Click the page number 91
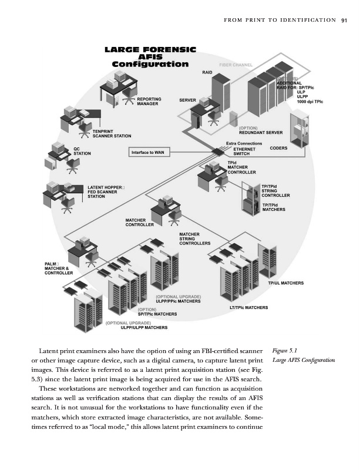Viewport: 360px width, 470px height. pos(344,21)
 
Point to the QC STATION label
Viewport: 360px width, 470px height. pos(82,151)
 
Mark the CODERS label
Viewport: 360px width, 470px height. pos(278,149)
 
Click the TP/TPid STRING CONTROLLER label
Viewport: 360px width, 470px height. pos(276,190)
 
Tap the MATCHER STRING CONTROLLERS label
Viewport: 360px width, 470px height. pos(194,239)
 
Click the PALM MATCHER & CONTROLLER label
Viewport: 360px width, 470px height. pos(59,268)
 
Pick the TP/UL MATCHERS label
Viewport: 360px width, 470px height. pos(285,284)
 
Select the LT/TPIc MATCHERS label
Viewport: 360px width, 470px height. pos(248,307)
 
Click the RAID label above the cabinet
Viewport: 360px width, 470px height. pos(207,72)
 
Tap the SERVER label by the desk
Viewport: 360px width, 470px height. pos(187,100)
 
